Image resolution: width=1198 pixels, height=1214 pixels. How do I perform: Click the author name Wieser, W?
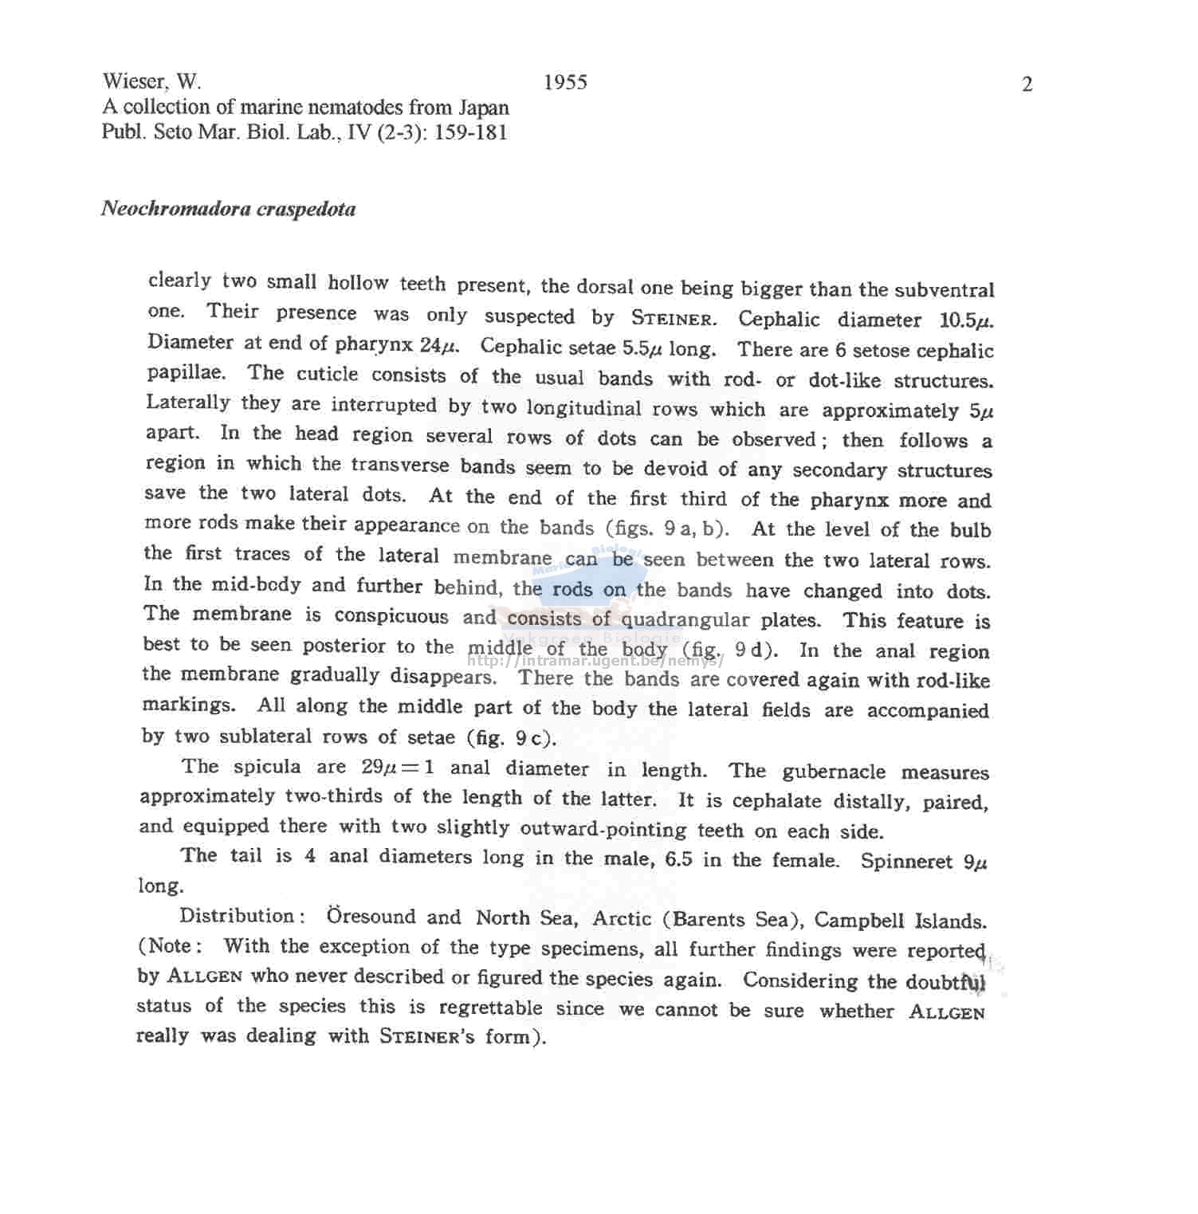click(x=151, y=81)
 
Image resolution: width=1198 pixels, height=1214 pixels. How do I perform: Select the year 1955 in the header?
click(x=565, y=82)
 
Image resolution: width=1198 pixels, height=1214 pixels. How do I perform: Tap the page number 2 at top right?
click(x=1027, y=84)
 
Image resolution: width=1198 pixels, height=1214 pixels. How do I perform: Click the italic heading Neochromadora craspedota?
click(x=228, y=209)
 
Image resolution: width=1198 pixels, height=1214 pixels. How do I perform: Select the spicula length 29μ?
click(x=379, y=767)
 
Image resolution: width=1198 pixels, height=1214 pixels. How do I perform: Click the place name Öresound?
click(x=371, y=916)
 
